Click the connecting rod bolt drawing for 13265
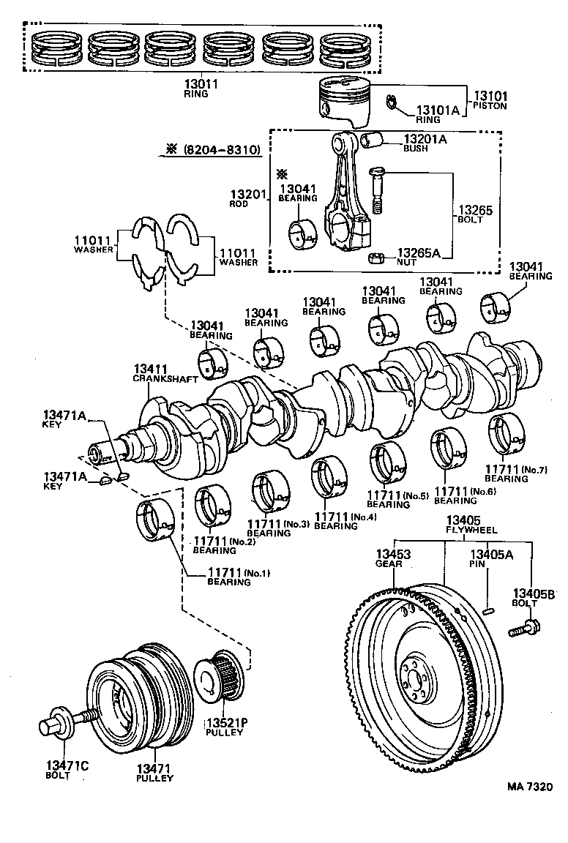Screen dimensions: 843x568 tap(376, 189)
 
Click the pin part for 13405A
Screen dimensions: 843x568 tap(487, 607)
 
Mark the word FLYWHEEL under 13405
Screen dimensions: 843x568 tap(472, 529)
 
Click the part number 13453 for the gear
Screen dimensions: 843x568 tap(393, 555)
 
